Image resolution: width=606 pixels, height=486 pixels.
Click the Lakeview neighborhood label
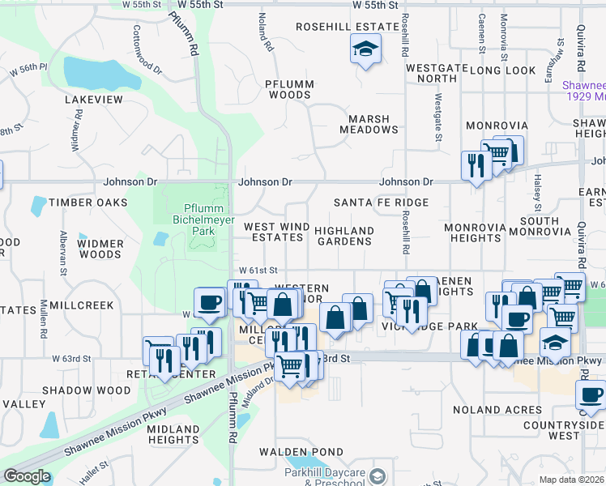coord(94,100)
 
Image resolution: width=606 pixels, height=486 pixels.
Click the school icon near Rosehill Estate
coord(365,50)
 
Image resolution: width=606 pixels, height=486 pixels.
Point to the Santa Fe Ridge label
coord(381,202)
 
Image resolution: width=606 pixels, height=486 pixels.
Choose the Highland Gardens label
coord(344,236)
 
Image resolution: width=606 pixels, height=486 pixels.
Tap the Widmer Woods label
coord(101,249)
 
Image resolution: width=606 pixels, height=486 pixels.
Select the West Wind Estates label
coord(274,232)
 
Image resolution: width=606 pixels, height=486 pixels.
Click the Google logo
coord(27,476)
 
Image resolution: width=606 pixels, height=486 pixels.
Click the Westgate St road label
coord(437,117)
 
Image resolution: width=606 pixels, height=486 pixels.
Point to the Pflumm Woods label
coord(289,89)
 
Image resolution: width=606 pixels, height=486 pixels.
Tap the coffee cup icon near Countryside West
coord(590,395)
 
